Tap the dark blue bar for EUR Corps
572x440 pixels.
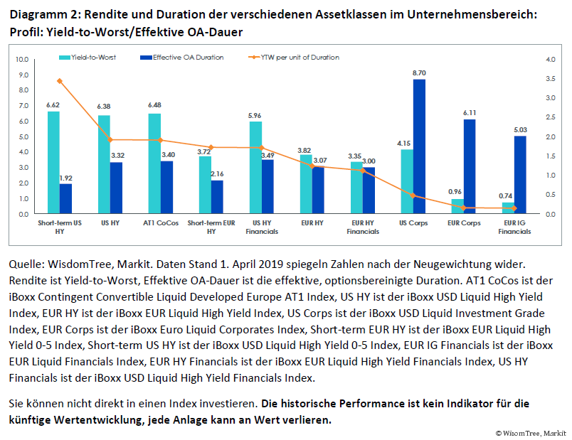coord(470,166)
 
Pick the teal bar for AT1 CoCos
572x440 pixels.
coord(154,163)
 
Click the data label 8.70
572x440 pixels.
coord(419,73)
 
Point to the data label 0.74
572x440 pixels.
coord(506,195)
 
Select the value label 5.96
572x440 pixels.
coord(255,115)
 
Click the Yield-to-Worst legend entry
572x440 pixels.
coord(89,57)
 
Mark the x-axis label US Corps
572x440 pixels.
coord(413,222)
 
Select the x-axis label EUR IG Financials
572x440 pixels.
coord(514,227)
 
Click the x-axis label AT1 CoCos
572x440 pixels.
coord(160,222)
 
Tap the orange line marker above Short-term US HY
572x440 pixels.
coord(59,81)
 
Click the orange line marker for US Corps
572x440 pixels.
coord(413,195)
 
